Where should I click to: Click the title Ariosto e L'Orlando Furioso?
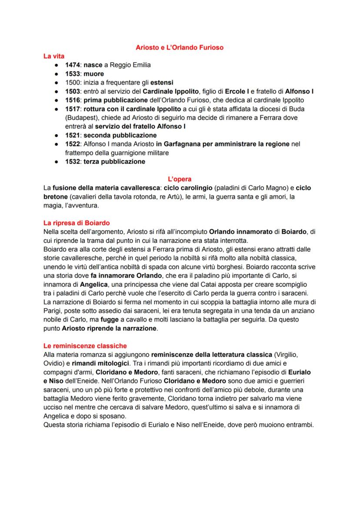click(x=180, y=47)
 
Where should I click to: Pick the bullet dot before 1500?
click(x=57, y=83)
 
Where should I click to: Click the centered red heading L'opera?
click(x=180, y=179)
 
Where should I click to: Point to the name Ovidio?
click(x=54, y=363)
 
